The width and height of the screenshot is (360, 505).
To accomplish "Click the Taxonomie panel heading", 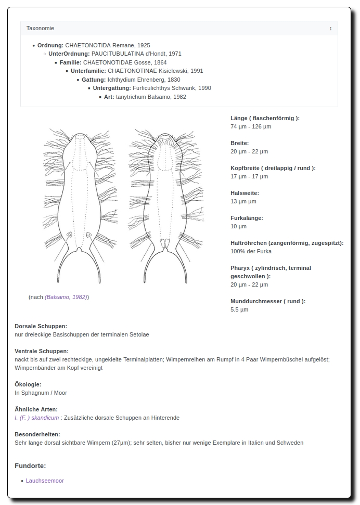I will [x=41, y=28].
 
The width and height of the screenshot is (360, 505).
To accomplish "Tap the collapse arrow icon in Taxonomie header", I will [x=330, y=28].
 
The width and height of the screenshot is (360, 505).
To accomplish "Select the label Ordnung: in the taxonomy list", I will [x=50, y=45].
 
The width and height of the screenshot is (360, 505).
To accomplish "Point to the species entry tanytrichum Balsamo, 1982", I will [x=151, y=97].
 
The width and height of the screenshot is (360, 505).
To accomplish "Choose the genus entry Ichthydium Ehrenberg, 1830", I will [x=144, y=80].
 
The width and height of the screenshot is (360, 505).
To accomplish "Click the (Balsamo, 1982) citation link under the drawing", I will [x=66, y=297].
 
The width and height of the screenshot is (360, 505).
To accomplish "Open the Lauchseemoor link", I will [x=45, y=481].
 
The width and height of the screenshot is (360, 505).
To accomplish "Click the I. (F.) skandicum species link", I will [x=36, y=418].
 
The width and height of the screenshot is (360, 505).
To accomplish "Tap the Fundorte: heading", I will [x=30, y=465].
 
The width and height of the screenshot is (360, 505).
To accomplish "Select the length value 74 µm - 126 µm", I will [x=251, y=126].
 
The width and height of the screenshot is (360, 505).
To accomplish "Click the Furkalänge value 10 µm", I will [x=238, y=226].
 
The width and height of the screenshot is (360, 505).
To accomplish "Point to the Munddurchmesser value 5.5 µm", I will [x=239, y=309].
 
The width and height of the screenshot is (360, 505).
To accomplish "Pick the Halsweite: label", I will [x=245, y=193].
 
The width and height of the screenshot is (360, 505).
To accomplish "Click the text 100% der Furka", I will [x=251, y=251].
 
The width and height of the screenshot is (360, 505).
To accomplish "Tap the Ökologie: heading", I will [x=28, y=384].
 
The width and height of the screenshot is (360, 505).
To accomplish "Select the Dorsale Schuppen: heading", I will [x=41, y=326].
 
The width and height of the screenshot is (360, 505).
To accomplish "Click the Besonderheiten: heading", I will [x=37, y=434].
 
